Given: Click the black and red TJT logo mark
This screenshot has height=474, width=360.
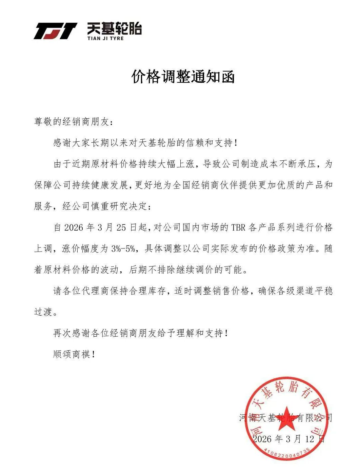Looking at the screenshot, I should point(55,31).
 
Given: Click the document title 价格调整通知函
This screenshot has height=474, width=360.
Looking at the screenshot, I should point(183,77).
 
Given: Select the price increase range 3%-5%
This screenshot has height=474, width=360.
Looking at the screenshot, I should point(123,249).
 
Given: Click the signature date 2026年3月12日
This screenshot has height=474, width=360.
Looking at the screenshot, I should point(289,439).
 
